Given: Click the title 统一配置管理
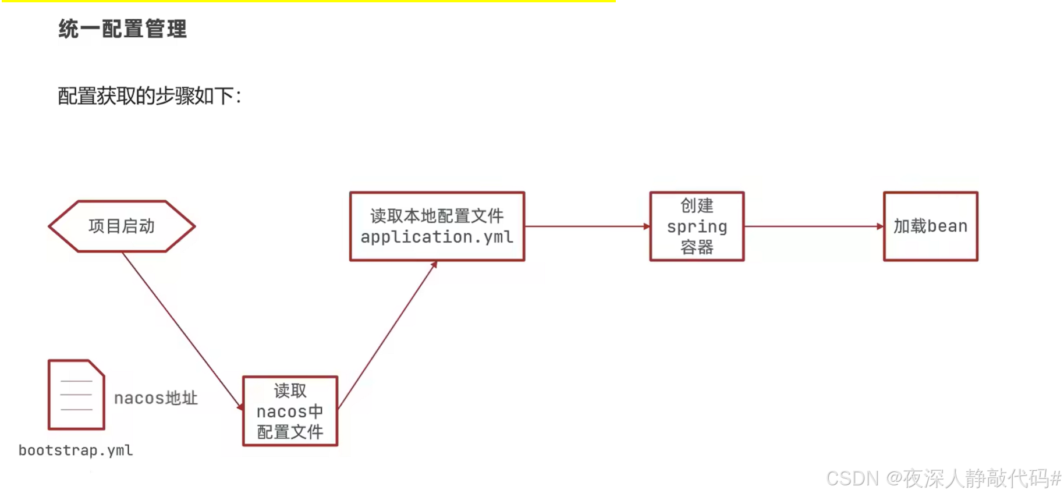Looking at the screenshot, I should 122,29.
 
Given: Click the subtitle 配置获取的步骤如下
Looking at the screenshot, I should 149,96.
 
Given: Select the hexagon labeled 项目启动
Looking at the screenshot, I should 122,226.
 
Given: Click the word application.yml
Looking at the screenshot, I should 437,237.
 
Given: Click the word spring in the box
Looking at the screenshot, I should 697,226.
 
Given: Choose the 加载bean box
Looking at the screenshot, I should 930,226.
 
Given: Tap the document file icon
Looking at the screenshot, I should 76,395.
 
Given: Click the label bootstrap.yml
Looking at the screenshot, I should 76,450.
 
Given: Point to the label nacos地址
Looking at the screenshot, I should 155,398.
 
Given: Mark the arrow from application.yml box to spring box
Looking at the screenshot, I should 587,226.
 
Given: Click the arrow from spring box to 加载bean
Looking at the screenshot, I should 814,226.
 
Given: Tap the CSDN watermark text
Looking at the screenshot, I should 943,478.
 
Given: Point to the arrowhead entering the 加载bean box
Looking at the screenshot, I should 879,226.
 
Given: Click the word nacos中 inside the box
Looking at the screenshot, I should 290,411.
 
